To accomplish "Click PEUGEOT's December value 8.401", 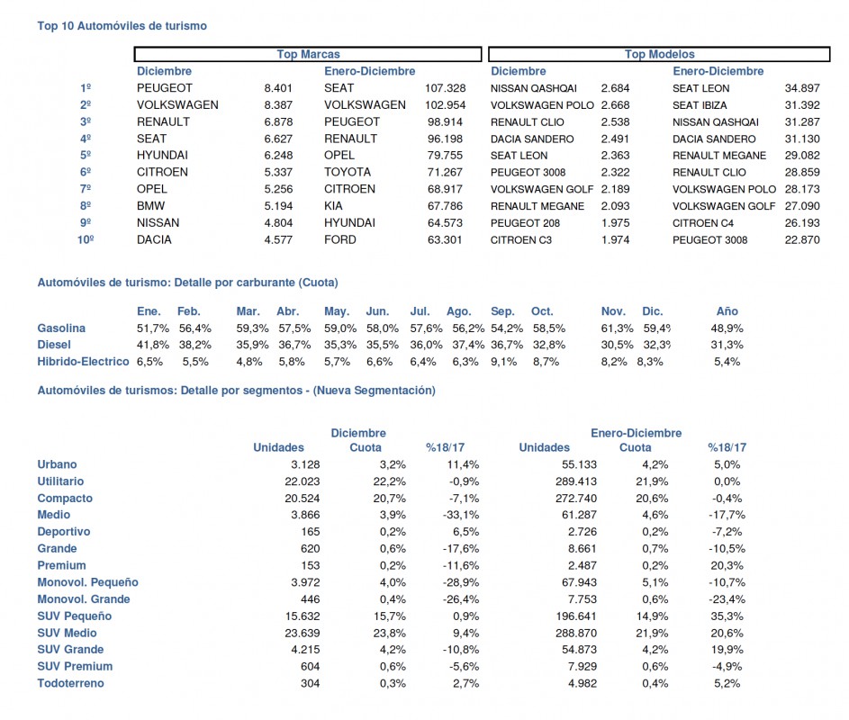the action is coord(278,88).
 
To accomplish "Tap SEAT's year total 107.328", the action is coord(445,88).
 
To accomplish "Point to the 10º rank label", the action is coord(86,239).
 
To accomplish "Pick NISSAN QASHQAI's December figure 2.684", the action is coord(615,88).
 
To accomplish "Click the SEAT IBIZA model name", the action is coord(700,105).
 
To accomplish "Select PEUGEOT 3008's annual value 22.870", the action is coord(802,239).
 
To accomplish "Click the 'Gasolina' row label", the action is coord(61,328).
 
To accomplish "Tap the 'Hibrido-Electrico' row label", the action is coord(84,362).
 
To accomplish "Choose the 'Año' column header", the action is coord(727,311).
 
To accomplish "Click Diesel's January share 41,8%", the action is coord(153,345).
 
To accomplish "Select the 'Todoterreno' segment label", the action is coord(70,683).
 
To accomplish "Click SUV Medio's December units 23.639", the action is coord(303,633).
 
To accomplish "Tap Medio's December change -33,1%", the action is coord(461,515).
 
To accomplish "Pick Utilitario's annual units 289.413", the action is coord(576,481).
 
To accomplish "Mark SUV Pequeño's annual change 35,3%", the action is coord(727,616).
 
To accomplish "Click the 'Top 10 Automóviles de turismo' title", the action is coord(122,26).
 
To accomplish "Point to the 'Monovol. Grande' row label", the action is coord(84,599).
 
